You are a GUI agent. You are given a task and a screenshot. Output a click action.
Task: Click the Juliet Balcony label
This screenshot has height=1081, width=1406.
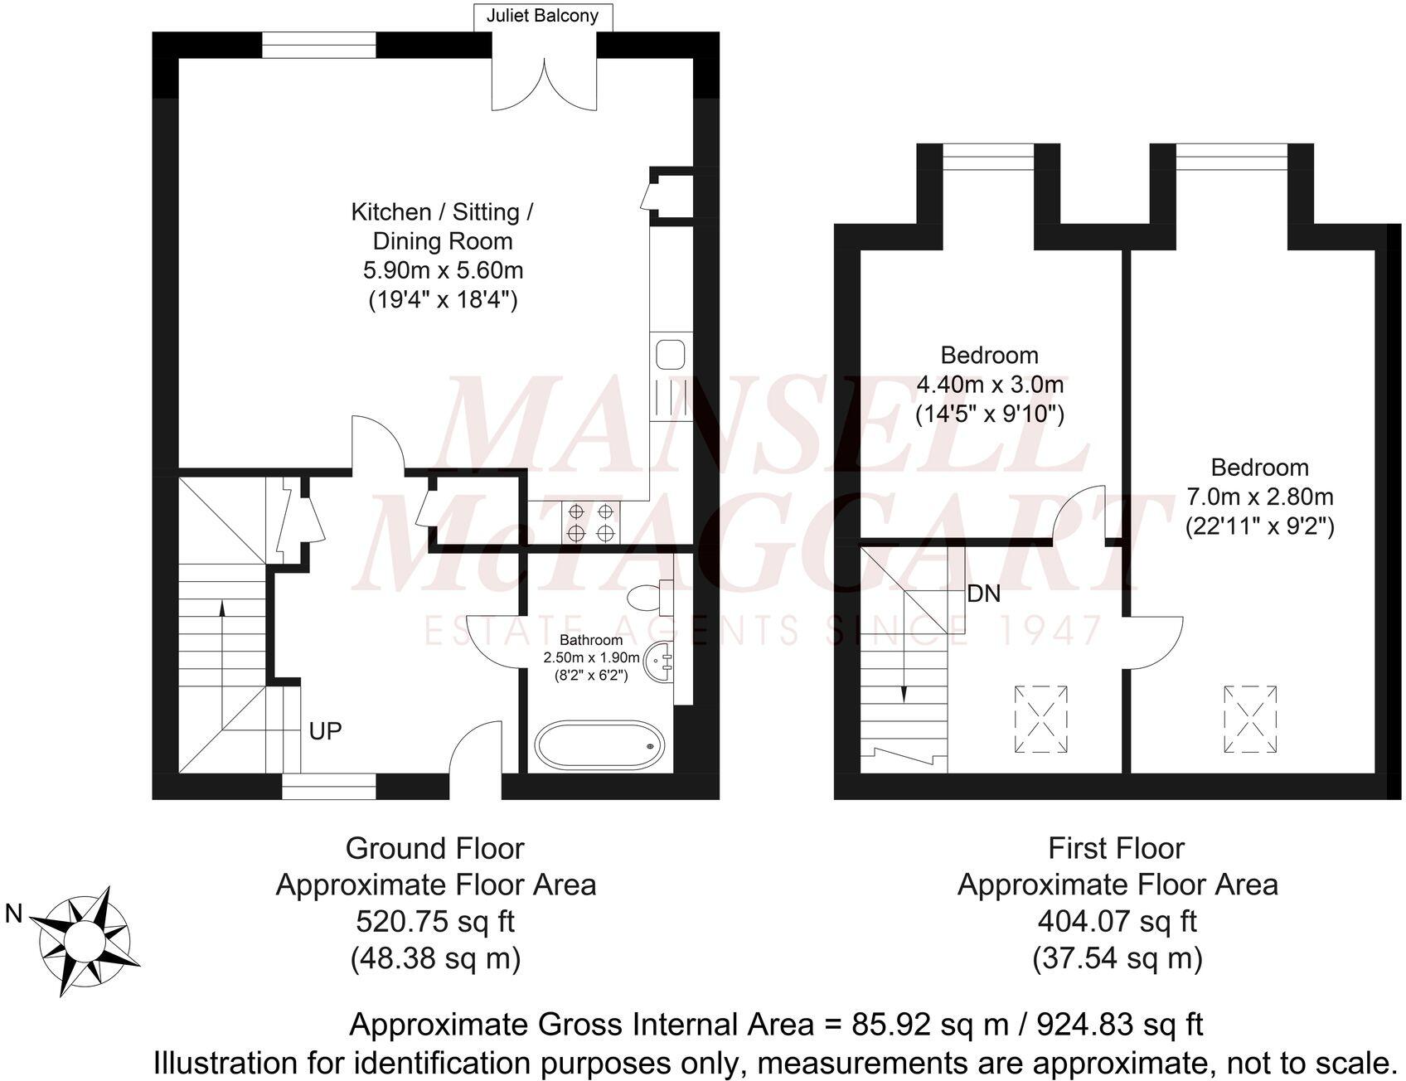543,16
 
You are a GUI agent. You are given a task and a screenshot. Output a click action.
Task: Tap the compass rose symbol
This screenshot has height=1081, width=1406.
85,941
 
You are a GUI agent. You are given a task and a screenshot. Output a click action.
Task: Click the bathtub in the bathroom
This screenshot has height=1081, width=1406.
599,744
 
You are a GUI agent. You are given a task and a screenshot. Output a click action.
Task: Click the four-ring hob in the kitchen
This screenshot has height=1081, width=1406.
591,522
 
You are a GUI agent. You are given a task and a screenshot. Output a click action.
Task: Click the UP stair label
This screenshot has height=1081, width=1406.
325,731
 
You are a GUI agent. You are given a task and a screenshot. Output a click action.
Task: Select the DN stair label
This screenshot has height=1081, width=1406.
983,594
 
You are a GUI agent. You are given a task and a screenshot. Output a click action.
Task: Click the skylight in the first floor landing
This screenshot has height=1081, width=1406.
1041,719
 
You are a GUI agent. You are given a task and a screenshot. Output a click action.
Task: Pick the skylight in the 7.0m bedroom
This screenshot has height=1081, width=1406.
1250,719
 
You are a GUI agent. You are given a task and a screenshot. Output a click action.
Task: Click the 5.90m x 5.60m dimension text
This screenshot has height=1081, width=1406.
443,270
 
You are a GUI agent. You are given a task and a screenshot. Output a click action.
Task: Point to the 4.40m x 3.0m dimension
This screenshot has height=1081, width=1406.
989,385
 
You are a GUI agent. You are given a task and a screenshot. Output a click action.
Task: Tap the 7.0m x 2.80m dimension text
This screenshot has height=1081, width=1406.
1259,497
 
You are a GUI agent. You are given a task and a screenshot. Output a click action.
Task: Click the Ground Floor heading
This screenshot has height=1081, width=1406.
435,848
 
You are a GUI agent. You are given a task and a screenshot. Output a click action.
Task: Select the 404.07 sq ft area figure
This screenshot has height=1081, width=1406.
1117,921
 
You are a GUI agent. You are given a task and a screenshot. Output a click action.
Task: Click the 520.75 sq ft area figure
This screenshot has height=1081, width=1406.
435,921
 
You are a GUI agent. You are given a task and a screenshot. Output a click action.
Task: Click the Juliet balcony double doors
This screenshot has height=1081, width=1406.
545,81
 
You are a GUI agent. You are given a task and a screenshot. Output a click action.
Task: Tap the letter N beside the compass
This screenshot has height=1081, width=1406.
14,914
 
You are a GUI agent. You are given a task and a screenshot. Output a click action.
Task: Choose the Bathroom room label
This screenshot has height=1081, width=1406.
591,640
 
